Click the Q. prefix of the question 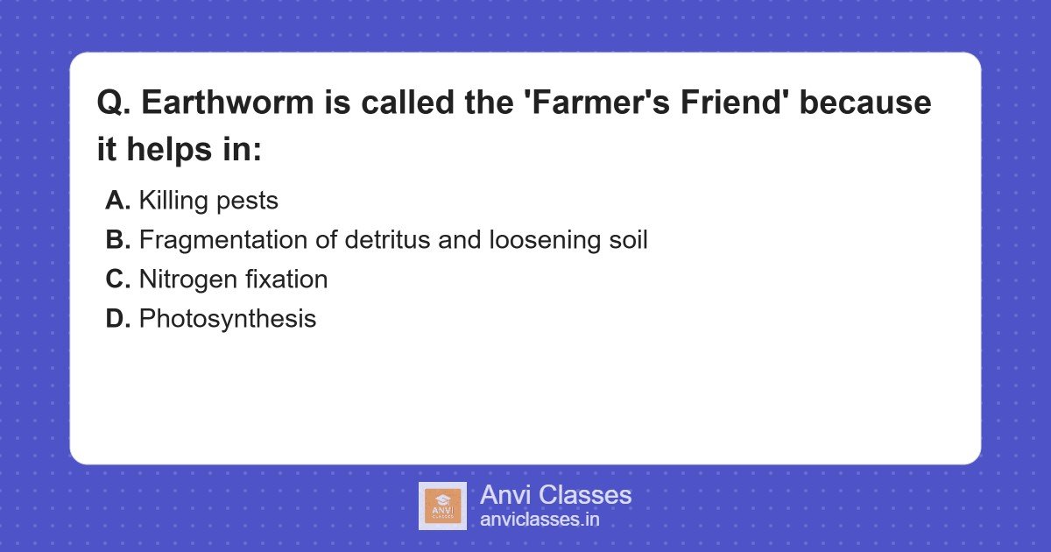tap(114, 103)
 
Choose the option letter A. tap(117, 201)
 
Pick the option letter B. tap(117, 240)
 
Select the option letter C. tap(117, 280)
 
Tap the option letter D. tap(117, 319)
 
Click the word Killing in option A tap(173, 201)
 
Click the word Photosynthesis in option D tap(228, 319)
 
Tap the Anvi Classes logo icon tap(442, 506)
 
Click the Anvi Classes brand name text tap(555, 495)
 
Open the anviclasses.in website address tap(540, 520)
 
